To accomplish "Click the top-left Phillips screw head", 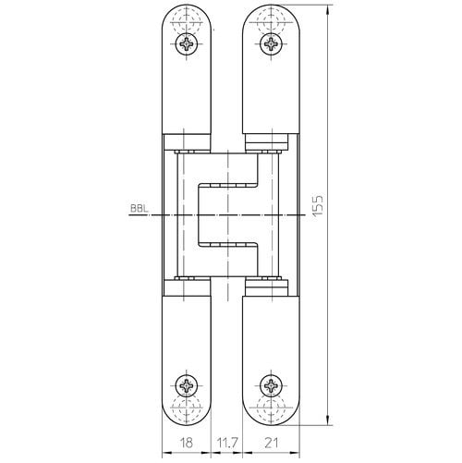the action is pos(187,44).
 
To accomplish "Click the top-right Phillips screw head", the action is pos(271,44).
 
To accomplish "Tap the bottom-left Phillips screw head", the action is pos(187,386).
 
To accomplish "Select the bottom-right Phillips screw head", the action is pos(271,386).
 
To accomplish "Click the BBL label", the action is pos(140,209).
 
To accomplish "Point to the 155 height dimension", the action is pos(318,205).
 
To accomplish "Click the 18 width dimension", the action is pos(186,443).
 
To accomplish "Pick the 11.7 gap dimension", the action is pos(226,443).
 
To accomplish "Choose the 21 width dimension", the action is pos(271,443).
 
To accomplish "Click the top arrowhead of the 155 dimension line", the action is pos(329,9).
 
